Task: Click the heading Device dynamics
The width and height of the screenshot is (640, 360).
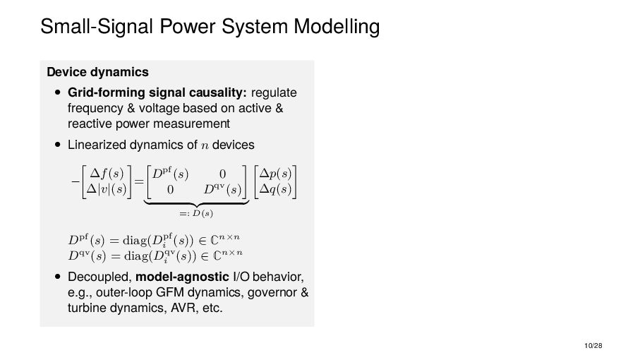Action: [97, 72]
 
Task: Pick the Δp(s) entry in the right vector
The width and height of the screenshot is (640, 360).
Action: [276, 173]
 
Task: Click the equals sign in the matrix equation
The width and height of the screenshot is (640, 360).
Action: [139, 181]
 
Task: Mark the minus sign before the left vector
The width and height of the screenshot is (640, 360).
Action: [74, 181]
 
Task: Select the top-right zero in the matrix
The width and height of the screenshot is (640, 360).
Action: [222, 173]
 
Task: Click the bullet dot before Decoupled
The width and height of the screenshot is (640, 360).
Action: [57, 276]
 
